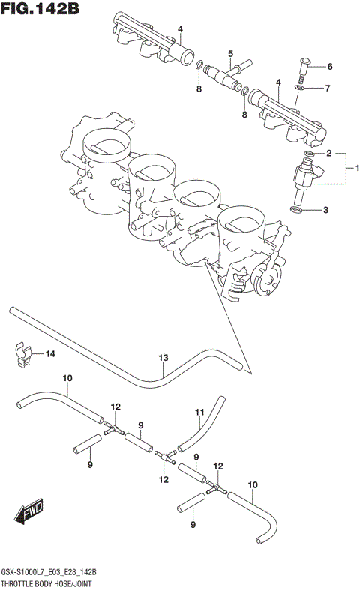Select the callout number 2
point(328,153)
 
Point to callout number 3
point(325,211)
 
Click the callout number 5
point(230,53)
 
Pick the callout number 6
point(329,66)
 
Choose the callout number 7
point(328,89)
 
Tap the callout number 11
point(199,412)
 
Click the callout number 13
point(163,358)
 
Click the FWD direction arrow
point(29,514)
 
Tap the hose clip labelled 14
point(25,353)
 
